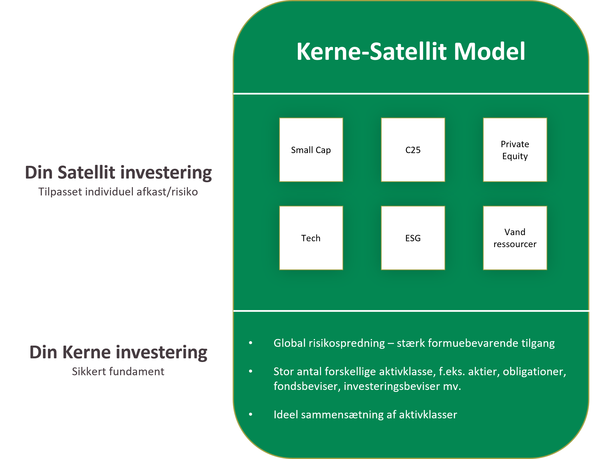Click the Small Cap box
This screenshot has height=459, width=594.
311,150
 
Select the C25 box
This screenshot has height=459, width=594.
413,150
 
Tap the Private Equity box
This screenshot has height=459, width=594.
515,150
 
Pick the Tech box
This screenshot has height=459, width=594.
311,238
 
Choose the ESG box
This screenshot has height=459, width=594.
413,238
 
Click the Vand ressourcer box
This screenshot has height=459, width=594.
515,238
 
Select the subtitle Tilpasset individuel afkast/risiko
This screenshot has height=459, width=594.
118,192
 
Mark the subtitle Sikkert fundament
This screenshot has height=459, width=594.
118,372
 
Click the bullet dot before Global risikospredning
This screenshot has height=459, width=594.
251,343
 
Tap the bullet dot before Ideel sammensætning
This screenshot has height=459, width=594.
251,415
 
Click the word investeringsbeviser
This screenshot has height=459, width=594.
392,386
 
